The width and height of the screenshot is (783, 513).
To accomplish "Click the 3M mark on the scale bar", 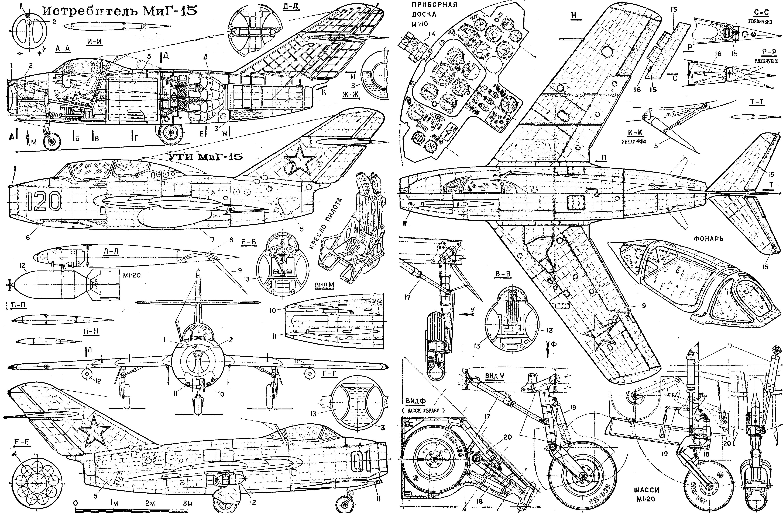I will click(188, 504).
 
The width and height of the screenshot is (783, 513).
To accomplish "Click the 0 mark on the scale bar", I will click(76, 504).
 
